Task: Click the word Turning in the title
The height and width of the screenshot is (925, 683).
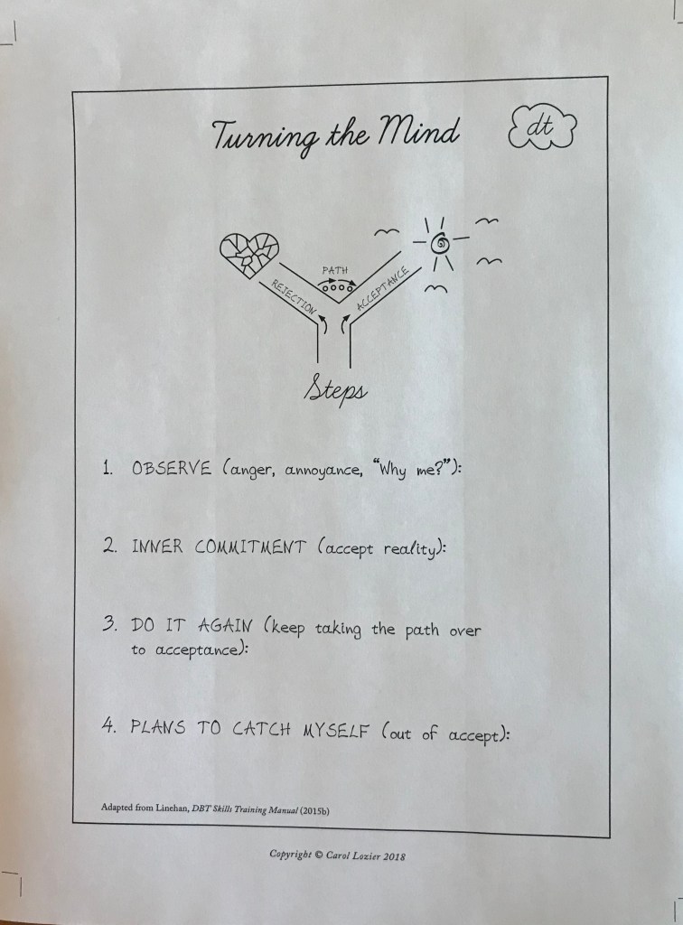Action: (266, 138)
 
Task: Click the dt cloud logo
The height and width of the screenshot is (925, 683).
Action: (542, 127)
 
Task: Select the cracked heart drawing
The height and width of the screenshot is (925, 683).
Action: (249, 254)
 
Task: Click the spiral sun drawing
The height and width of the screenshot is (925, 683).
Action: (441, 244)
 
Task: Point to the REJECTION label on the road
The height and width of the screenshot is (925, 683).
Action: (294, 296)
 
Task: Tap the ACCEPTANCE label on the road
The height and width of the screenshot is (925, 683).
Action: (382, 288)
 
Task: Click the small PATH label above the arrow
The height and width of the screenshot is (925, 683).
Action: (335, 270)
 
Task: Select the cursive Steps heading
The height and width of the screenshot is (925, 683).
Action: (335, 390)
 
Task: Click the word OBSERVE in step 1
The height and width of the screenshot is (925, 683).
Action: (171, 469)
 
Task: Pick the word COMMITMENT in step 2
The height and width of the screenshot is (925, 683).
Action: (250, 547)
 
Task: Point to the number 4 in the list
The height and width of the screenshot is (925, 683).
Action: (108, 725)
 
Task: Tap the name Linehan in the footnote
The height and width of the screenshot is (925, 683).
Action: (172, 808)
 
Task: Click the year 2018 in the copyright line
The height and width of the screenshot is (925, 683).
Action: (394, 856)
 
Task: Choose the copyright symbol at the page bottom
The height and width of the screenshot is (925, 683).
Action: (319, 855)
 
